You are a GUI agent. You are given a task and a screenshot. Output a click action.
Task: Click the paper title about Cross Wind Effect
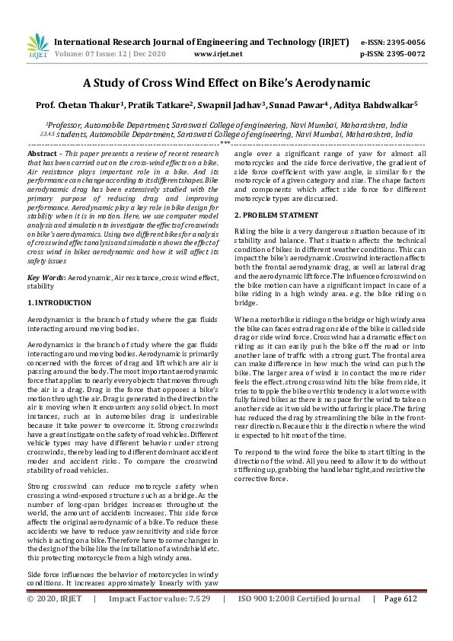[226, 83]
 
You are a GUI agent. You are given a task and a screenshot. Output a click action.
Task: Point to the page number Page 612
[401, 620]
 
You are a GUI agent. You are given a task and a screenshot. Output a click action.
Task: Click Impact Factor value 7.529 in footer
[197, 620]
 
